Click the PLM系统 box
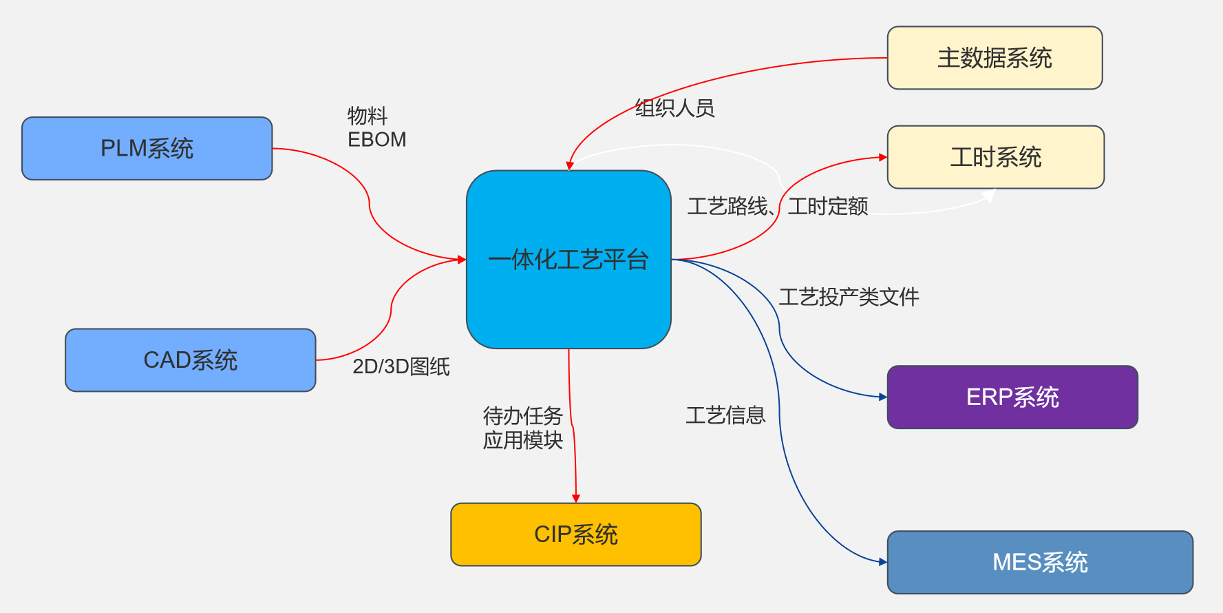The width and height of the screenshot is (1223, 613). (147, 148)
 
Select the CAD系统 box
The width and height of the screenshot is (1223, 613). (190, 360)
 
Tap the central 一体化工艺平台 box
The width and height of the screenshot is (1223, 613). (568, 259)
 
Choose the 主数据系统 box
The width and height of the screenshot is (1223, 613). (995, 58)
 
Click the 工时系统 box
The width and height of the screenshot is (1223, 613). (995, 157)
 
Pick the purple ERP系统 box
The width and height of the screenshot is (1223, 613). (1012, 397)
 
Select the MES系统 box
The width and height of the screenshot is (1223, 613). (1039, 562)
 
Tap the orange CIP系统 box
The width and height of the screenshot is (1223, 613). (575, 534)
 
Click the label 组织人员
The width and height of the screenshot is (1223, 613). (674, 108)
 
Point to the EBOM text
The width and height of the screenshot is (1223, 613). (376, 139)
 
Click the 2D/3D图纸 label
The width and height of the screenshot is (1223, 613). (401, 366)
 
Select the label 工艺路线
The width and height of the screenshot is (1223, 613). (727, 206)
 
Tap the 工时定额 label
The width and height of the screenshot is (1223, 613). (827, 206)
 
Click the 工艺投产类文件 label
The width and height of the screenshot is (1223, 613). (849, 297)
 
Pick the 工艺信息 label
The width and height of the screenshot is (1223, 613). (725, 415)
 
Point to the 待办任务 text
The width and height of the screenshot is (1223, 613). (522, 415)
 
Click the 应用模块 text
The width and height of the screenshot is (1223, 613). (522, 440)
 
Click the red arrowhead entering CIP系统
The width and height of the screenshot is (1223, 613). (576, 498)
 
